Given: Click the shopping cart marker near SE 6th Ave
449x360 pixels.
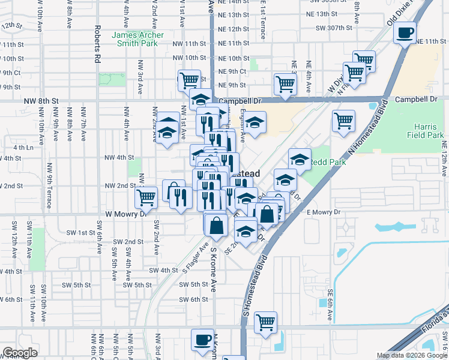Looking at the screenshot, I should (x=265, y=322).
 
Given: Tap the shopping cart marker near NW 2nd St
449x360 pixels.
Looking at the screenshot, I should (x=146, y=197).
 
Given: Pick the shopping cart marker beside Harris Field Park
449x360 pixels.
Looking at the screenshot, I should (x=343, y=121).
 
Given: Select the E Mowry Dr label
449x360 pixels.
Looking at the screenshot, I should (x=324, y=212).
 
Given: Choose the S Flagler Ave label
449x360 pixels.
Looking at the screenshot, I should (x=194, y=259).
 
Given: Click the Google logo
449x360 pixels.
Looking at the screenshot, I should (x=20, y=353).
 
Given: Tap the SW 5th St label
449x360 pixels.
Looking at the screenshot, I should (x=194, y=284).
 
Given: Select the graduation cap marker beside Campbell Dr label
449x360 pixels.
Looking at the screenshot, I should (x=200, y=100).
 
